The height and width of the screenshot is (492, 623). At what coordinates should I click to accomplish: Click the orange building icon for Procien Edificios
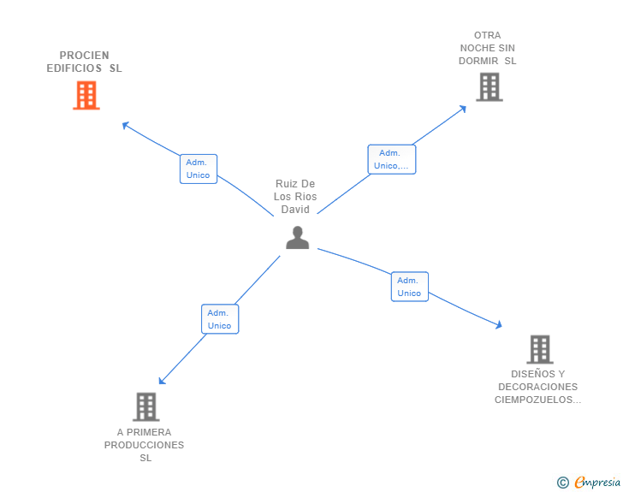86,95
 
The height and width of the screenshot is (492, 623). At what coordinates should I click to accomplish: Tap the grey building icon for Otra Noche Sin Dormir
489,86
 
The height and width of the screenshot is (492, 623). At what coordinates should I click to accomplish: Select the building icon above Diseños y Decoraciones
539,349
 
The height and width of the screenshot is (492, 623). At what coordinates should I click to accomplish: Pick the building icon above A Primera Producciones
145,406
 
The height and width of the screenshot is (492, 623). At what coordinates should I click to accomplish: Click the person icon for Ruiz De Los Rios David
297,237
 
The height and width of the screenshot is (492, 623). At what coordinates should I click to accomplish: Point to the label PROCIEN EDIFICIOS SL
85,62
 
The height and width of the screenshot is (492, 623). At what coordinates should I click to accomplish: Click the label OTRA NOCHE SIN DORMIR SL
488,49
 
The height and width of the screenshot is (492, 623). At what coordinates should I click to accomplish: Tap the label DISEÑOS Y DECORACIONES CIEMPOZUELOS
538,387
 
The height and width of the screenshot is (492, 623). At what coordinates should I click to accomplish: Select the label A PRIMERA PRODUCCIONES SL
145,445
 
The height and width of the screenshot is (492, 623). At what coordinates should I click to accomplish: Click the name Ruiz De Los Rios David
295,197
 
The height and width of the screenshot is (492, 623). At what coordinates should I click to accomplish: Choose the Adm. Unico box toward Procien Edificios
198,169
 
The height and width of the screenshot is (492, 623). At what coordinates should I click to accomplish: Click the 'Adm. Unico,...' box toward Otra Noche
392,159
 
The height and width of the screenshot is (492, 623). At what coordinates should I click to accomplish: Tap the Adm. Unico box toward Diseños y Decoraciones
409,287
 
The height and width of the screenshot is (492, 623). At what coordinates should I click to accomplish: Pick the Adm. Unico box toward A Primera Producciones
219,319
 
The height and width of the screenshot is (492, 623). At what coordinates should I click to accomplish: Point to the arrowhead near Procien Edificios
125,125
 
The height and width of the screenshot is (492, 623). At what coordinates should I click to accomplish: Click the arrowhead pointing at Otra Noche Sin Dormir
463,108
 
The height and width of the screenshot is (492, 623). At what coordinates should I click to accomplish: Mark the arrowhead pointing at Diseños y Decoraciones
498,324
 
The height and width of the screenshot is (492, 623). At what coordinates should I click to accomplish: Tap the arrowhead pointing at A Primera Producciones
162,381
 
